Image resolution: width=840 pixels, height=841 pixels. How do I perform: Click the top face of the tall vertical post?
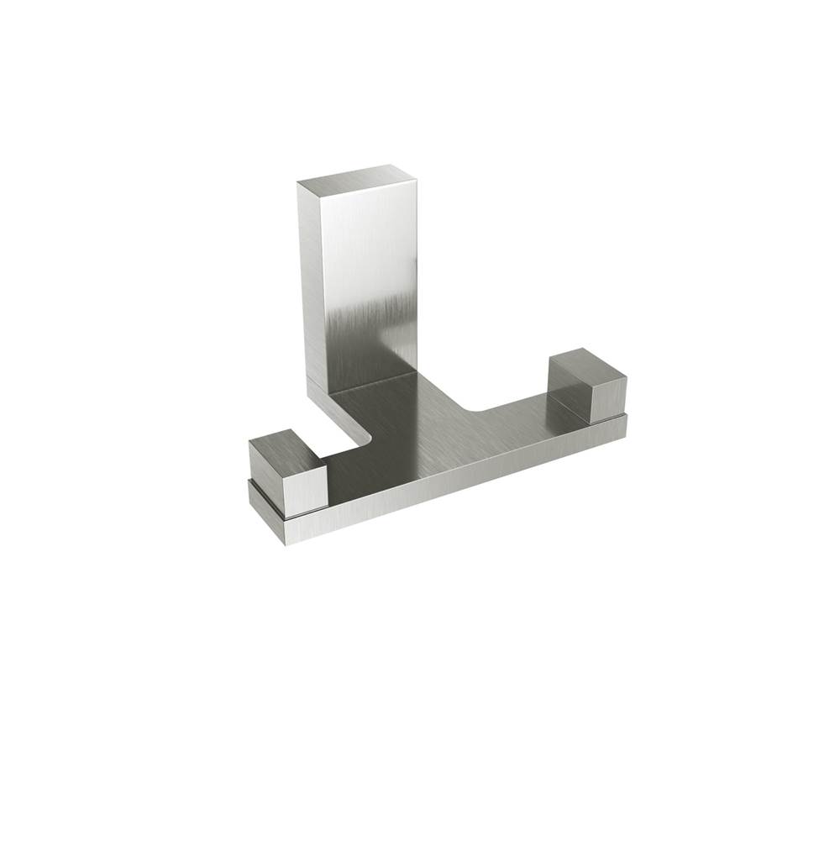click(x=357, y=179)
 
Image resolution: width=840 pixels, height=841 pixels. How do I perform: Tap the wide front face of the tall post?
click(x=370, y=277)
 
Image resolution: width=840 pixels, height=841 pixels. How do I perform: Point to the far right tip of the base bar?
click(x=624, y=426)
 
